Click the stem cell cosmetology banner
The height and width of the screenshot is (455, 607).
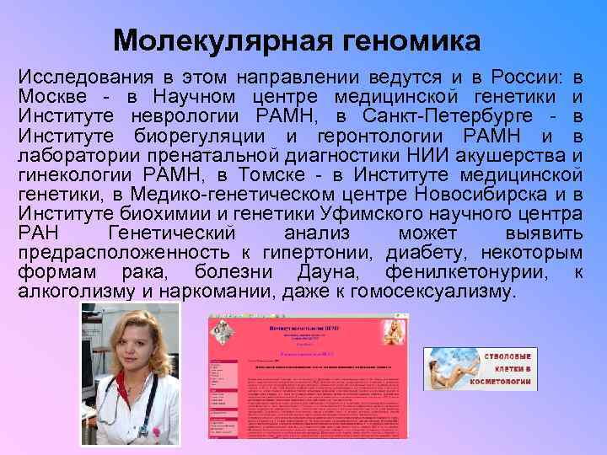click(x=480, y=367)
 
